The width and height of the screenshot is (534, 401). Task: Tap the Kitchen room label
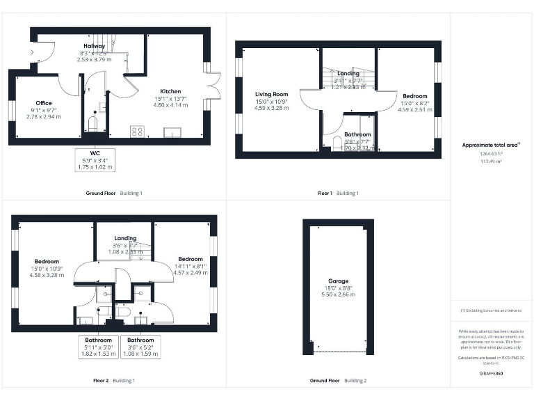(x=170, y=91)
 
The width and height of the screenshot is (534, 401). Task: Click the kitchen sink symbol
(x=171, y=132)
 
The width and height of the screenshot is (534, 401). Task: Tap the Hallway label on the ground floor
(x=94, y=46)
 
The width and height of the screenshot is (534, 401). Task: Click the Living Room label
(x=271, y=94)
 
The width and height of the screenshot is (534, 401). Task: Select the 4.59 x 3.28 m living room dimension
(x=271, y=108)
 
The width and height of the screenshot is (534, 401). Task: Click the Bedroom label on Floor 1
(x=415, y=96)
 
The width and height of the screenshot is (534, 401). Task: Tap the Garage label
(x=338, y=281)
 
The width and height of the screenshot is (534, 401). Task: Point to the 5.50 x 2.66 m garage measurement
(x=338, y=294)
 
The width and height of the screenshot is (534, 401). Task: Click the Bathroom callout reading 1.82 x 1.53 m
(x=99, y=347)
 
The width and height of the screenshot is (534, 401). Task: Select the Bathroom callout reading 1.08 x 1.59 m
(x=141, y=347)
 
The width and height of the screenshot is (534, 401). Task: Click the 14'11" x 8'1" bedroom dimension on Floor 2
(x=190, y=265)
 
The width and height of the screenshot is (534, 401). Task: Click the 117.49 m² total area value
(x=491, y=161)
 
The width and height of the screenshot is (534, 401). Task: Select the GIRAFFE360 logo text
(x=491, y=374)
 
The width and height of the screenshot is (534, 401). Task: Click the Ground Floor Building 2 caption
(x=338, y=381)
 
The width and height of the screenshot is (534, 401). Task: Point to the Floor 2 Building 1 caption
(x=114, y=381)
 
